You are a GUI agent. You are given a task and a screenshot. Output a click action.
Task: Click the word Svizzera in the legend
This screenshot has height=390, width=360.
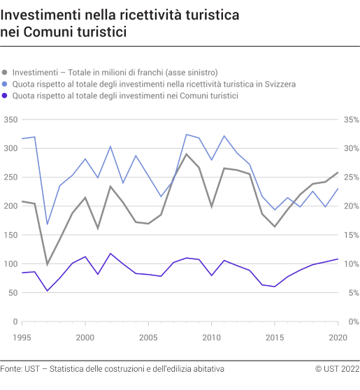point(279,84)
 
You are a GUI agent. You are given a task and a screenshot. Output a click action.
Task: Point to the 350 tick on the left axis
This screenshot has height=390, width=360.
point(10,120)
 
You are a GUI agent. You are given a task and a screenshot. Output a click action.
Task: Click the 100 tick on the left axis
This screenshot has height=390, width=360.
point(10,264)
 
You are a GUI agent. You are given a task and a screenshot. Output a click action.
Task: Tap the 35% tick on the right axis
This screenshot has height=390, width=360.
point(350,120)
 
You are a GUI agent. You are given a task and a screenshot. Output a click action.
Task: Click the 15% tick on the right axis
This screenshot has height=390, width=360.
point(350,236)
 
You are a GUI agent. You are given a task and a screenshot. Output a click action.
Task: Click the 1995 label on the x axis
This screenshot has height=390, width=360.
point(22,337)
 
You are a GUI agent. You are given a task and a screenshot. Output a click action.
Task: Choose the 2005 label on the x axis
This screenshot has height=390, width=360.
point(148,337)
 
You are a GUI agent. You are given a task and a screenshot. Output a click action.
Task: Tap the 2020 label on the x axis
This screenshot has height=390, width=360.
point(338,337)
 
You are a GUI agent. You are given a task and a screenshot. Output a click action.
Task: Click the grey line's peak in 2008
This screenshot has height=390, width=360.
point(187,154)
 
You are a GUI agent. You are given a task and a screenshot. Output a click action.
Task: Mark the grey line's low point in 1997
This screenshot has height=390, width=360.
point(48,264)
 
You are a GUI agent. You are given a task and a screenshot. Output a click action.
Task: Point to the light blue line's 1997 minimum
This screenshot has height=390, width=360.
point(48,224)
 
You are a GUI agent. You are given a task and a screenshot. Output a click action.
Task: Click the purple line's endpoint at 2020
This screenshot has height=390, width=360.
point(338,259)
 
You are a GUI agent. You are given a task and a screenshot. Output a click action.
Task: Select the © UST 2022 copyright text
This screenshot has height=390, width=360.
point(337,368)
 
